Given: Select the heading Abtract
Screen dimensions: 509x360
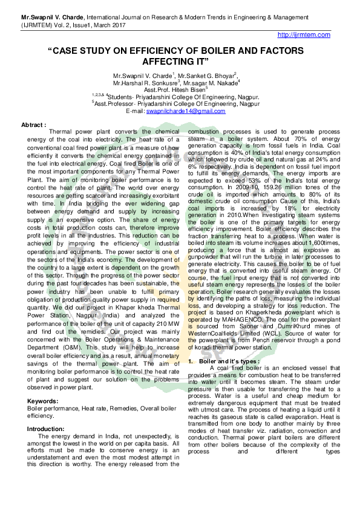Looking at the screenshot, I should tap(33, 125).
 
